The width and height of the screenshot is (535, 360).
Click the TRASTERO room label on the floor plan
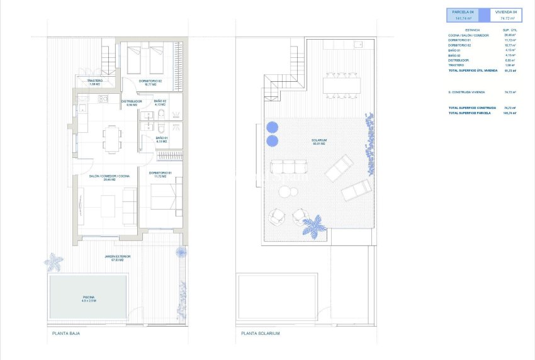click(x=95, y=82)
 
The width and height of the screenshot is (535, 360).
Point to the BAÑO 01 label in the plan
click(x=160, y=139)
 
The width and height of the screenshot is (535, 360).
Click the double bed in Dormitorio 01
click(x=166, y=203)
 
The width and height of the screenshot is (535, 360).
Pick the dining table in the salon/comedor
click(x=113, y=138)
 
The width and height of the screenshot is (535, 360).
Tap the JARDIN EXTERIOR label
click(x=118, y=258)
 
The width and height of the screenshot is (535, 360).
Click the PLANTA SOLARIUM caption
click(x=259, y=333)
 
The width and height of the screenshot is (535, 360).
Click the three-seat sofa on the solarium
click(x=289, y=167)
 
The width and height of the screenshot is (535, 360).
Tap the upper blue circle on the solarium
click(x=273, y=127)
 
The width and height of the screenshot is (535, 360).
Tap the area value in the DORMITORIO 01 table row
click(x=510, y=40)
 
